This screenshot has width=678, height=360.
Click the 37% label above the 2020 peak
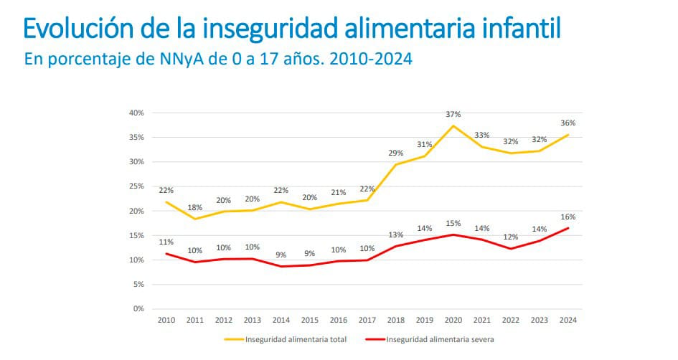pos(453,114)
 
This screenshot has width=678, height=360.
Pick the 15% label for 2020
pos(453,223)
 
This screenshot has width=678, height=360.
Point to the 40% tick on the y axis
pos(137,113)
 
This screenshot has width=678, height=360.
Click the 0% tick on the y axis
pos(139,309)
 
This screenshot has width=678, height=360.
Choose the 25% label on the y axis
pos(137,186)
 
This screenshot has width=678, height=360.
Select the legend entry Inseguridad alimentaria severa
pos(441,340)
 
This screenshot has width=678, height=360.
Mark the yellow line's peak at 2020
pos(453,126)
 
